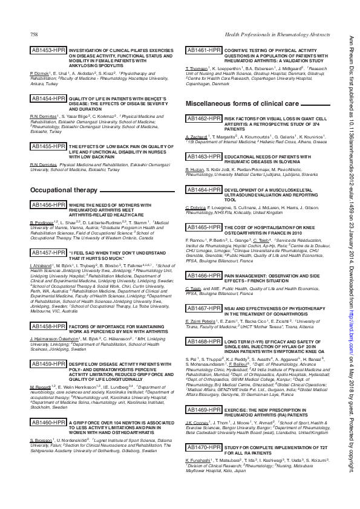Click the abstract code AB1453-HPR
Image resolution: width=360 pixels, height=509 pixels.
48,50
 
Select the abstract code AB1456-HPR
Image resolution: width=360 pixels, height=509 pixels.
48,206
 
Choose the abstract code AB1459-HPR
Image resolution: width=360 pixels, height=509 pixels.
48,365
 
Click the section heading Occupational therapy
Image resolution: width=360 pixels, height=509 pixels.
64,190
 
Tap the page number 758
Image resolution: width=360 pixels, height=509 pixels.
34,36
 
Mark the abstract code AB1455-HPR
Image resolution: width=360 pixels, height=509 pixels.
48,146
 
